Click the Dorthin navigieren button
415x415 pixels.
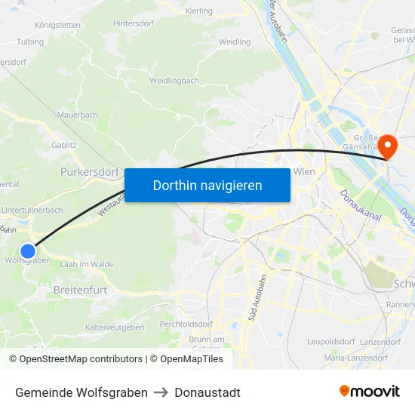[x=207, y=185]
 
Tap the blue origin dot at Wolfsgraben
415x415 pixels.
[x=28, y=251]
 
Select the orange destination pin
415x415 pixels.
[x=388, y=146]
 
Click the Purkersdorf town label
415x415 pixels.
[x=90, y=171]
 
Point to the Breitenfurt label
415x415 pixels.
[x=80, y=290]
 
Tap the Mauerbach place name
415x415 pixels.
[x=78, y=115]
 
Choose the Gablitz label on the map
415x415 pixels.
[x=63, y=144]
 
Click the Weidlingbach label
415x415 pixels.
[x=174, y=81]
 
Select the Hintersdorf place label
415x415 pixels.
[x=134, y=23]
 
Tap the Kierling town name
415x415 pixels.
[x=198, y=11]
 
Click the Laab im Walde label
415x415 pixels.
[x=87, y=264]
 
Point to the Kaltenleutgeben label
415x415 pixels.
[x=115, y=327]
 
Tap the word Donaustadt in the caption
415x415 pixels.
[x=207, y=392]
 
